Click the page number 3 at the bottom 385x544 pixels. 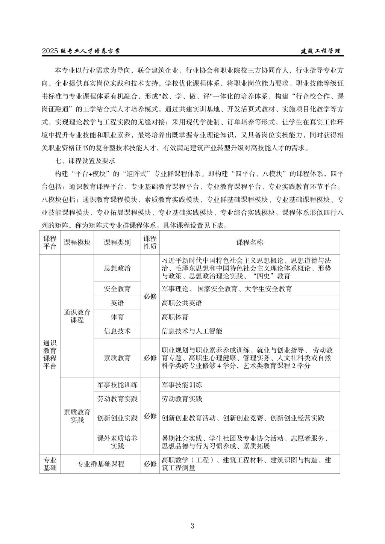192,526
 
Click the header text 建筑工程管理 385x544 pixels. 321,51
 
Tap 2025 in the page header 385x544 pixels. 50,51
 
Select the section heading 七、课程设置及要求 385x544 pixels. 85,161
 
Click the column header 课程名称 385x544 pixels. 249,242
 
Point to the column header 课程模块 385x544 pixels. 77,242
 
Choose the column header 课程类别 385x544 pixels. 117,242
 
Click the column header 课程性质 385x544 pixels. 150,242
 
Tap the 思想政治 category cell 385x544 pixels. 117,268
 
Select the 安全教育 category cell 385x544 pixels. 117,289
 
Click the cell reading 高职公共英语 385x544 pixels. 182,303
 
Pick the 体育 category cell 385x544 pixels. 117,317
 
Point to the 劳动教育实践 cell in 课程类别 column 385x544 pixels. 117,399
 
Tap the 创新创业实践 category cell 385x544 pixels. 117,418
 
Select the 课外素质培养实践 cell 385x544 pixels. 117,442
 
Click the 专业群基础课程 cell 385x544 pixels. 100,464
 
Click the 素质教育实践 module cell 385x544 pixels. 77,416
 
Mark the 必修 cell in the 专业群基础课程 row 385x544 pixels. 150,464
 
